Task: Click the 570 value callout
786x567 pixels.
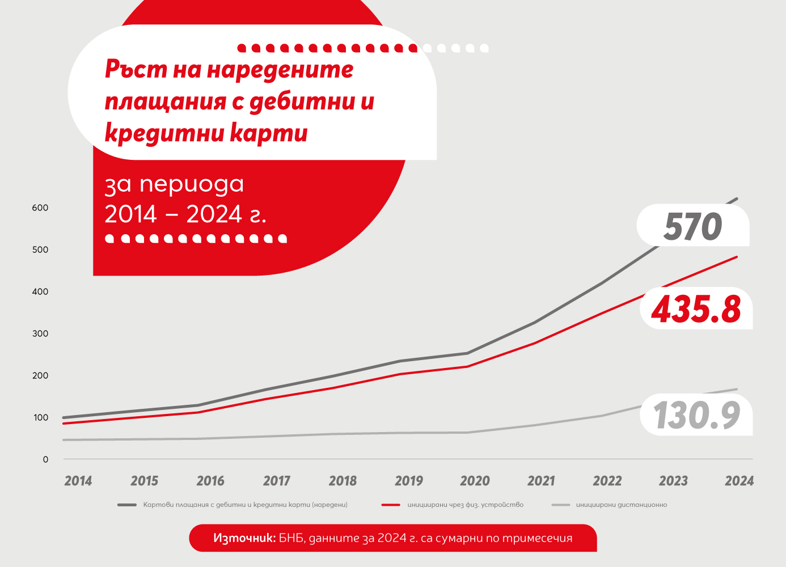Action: (692, 226)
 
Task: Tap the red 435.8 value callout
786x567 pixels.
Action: (696, 309)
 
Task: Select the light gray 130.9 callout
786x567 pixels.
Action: (696, 415)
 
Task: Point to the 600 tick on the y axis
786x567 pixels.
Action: (40, 208)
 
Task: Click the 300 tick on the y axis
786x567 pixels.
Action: (40, 334)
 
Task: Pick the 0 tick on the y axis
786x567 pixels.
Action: (45, 460)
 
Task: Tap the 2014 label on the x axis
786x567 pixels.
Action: (78, 481)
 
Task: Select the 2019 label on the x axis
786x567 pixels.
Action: (409, 481)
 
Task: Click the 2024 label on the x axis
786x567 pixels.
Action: (739, 481)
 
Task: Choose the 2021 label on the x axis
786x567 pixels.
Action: (541, 481)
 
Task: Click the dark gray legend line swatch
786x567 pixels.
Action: (127, 505)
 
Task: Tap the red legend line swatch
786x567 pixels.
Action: (391, 505)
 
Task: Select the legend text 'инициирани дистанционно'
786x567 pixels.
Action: (622, 505)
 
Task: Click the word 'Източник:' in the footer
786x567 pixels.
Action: (244, 538)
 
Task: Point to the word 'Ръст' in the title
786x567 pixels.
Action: (136, 69)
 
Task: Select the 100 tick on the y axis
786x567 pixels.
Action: (40, 418)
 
